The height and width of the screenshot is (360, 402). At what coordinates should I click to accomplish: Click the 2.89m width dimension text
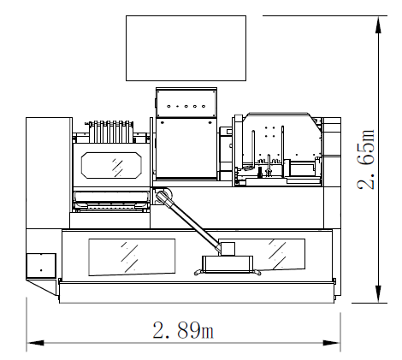(183, 330)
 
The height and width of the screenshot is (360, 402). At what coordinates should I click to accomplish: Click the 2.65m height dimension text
(366, 160)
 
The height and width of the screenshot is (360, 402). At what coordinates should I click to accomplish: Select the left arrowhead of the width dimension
(35, 343)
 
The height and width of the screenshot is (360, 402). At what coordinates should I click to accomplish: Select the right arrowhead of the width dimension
(332, 343)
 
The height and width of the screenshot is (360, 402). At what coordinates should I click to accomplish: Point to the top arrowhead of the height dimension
(378, 25)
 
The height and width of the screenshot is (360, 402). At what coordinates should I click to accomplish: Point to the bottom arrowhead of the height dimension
(378, 294)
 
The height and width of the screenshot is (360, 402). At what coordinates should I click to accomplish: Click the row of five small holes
(186, 106)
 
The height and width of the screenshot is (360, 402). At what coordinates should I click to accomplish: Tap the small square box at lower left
(41, 266)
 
